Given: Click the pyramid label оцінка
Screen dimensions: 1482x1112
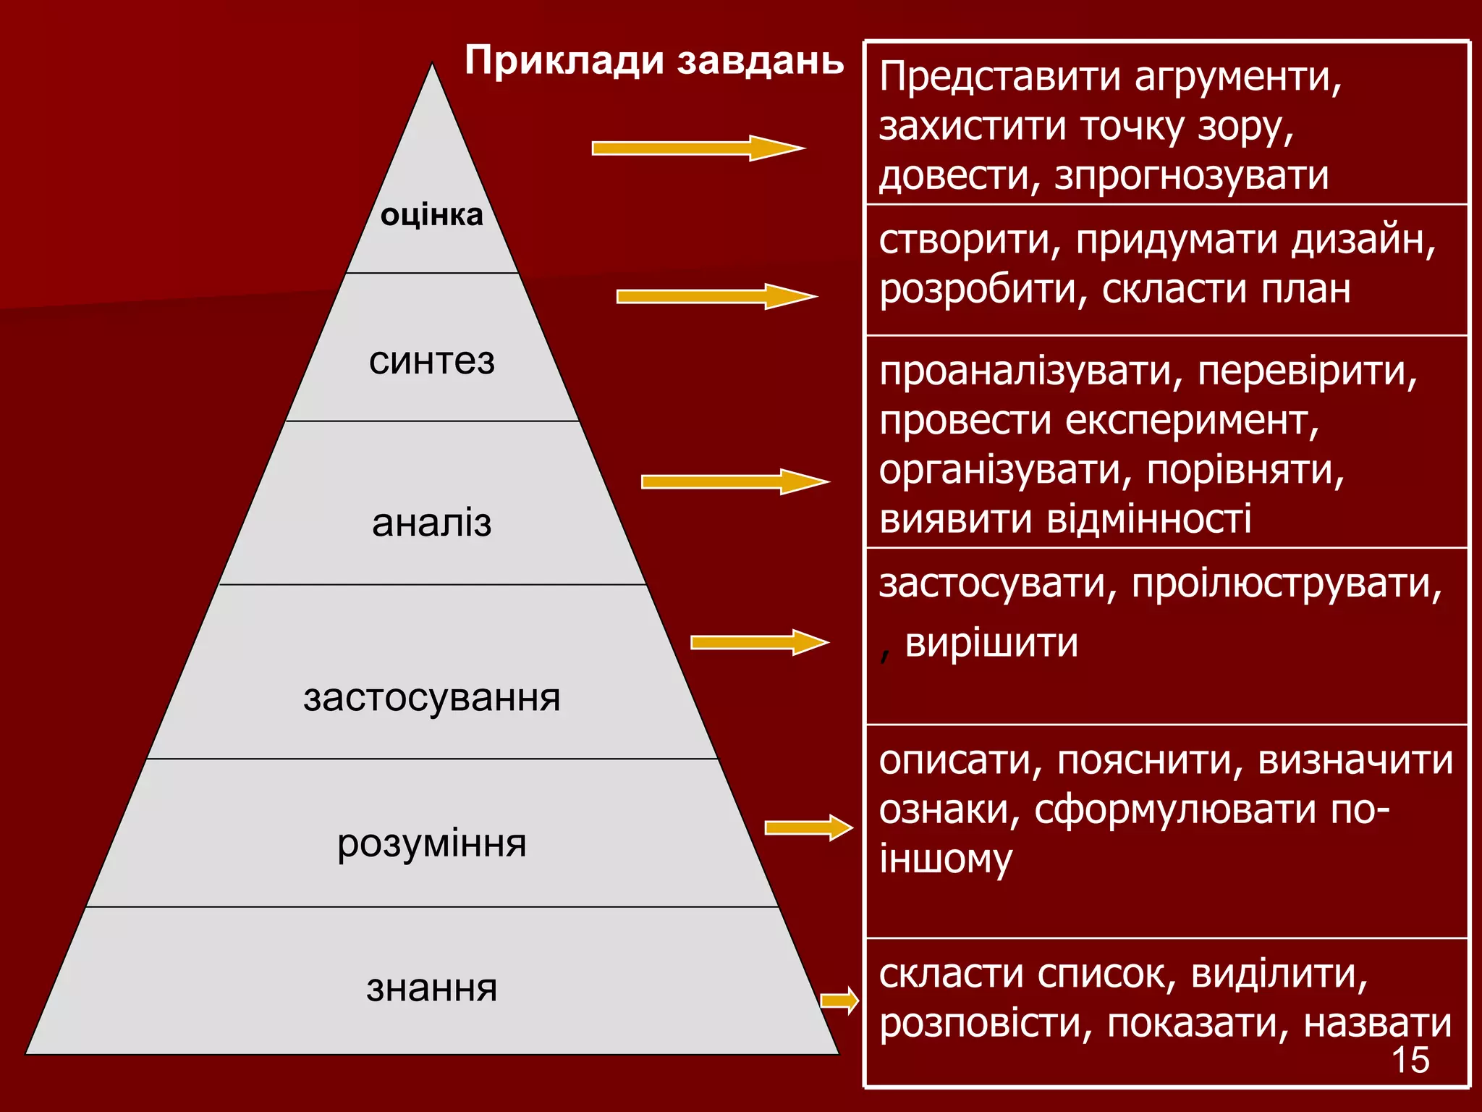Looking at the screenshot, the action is tap(431, 215).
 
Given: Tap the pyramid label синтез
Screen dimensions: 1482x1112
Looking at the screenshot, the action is tap(431, 361).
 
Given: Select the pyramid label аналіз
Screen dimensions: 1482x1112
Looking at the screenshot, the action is tap(431, 522).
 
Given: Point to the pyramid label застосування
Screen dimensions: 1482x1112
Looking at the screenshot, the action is tap(431, 698).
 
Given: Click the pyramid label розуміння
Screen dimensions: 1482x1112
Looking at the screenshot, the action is tap(431, 844).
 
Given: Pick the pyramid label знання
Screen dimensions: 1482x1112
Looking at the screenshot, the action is tap(431, 988).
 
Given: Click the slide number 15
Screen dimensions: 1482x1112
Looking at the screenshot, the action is tap(1410, 1060).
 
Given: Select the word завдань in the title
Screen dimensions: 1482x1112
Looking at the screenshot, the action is tap(761, 60).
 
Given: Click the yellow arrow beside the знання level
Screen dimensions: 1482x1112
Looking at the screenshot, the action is tap(839, 1001).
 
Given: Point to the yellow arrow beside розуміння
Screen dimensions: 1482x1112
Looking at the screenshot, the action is tap(809, 827).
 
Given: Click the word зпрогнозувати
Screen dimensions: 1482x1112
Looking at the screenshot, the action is tap(1191, 176).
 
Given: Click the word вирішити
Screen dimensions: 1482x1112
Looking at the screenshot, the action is tap(991, 643).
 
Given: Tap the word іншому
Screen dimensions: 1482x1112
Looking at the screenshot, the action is tap(945, 859).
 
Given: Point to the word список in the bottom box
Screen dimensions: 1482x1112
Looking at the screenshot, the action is tap(1104, 974).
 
